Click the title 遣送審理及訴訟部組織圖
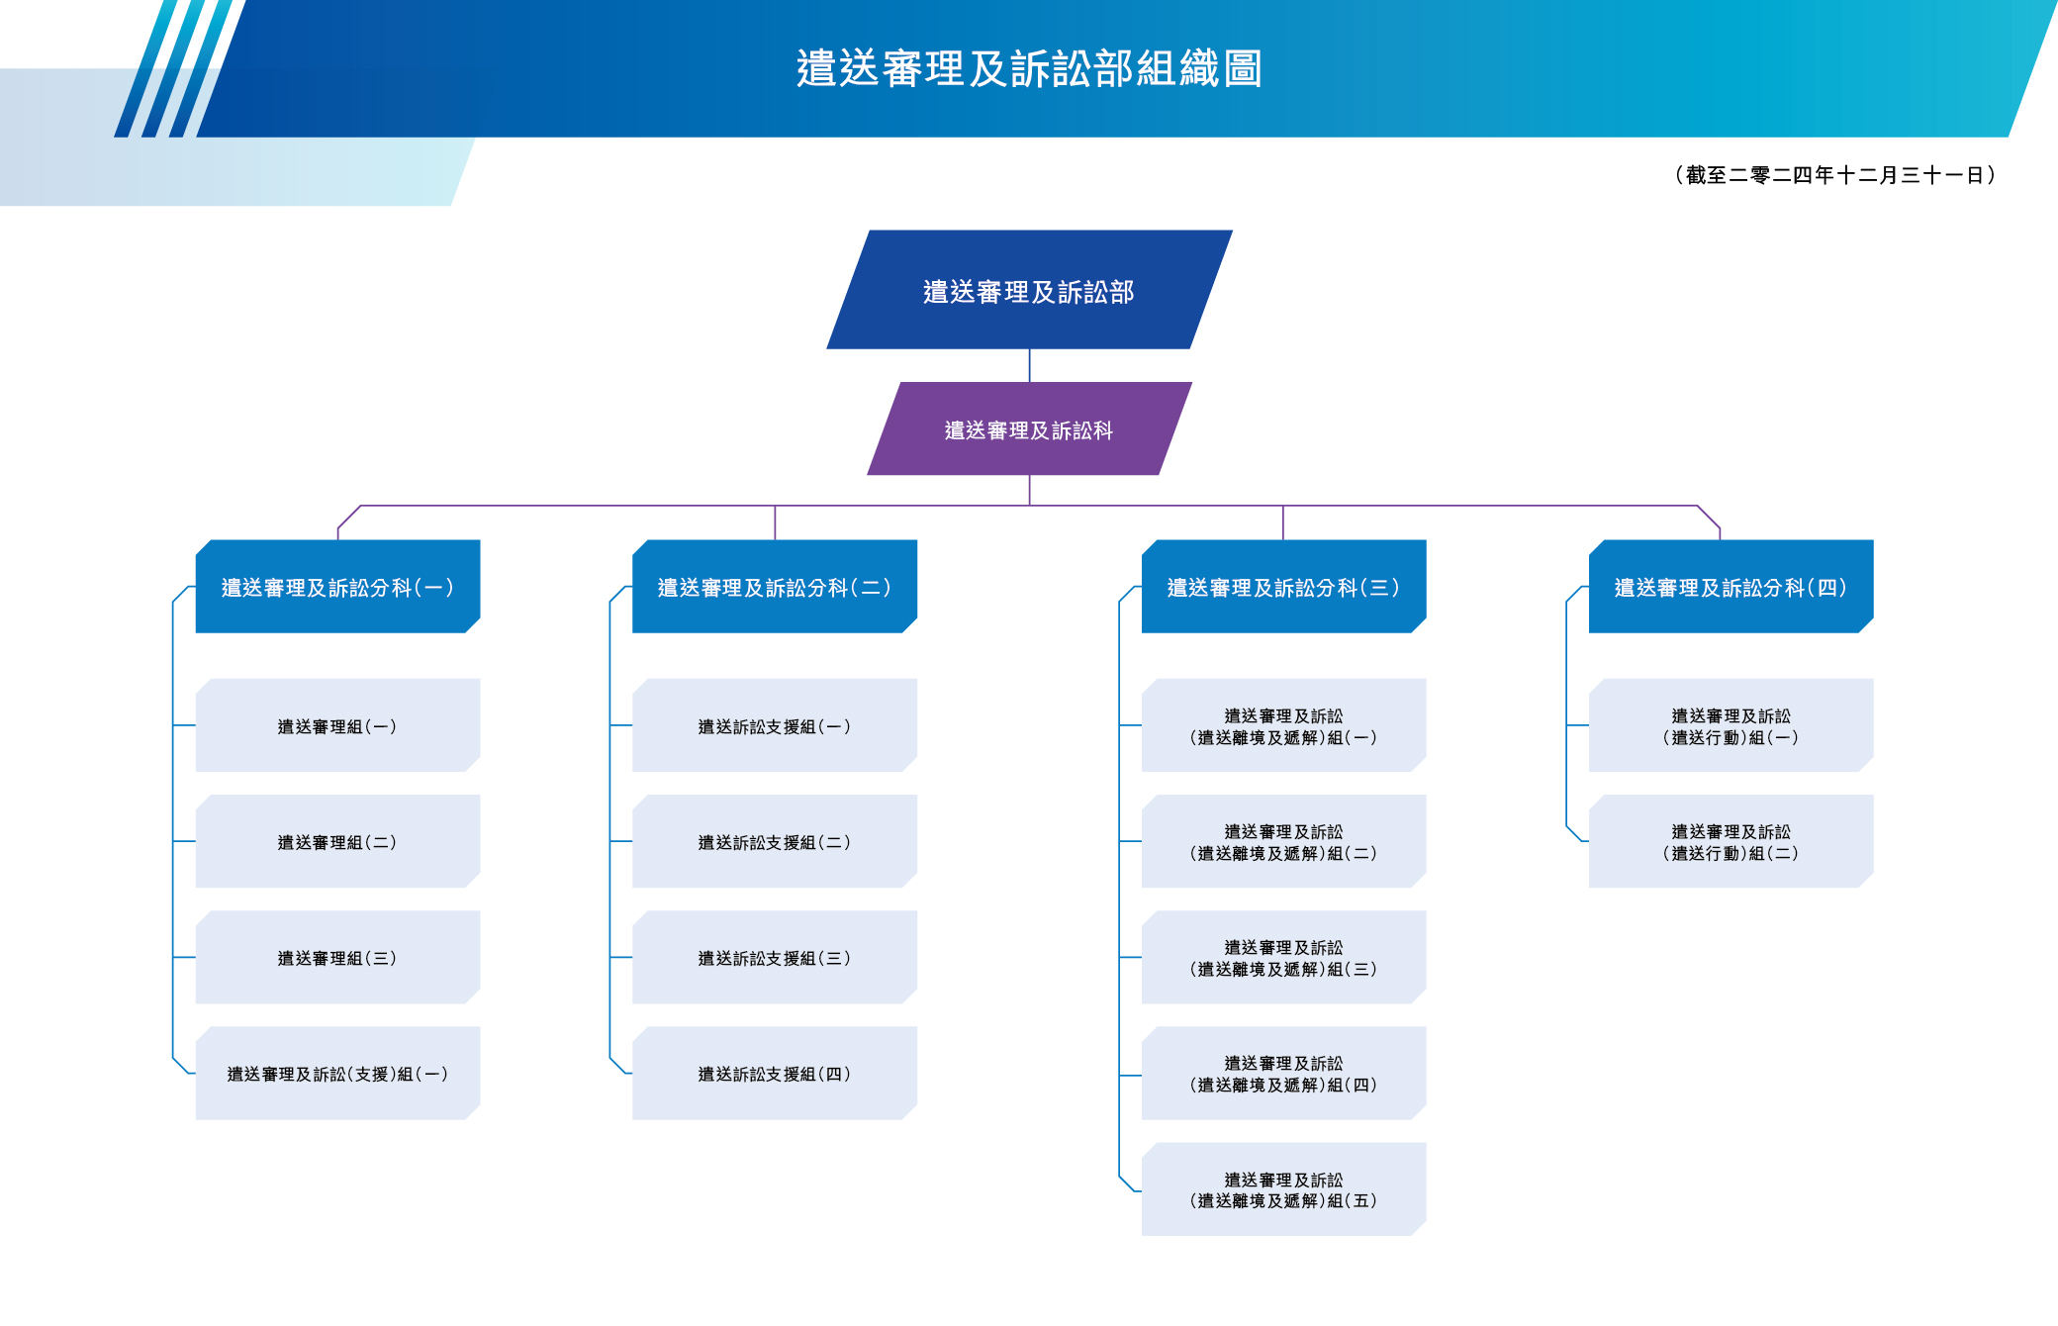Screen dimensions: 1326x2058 point(1029,69)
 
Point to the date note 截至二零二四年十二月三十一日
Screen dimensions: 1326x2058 point(1834,175)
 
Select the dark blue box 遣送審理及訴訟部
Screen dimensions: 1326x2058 point(1029,291)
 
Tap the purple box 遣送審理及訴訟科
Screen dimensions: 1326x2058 point(1029,429)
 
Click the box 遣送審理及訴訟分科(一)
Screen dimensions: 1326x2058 point(337,587)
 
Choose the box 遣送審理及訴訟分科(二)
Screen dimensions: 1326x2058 point(774,587)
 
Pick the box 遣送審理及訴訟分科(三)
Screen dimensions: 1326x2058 point(1283,587)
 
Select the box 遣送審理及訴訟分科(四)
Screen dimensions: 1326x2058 point(1731,587)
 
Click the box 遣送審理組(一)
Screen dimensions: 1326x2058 point(337,725)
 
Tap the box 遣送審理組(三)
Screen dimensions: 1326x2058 point(337,957)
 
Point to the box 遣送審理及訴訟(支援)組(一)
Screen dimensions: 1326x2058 point(337,1073)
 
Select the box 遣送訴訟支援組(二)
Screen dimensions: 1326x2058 point(774,841)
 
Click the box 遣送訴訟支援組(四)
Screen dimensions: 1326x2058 point(774,1073)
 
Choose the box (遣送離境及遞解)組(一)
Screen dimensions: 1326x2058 point(1283,725)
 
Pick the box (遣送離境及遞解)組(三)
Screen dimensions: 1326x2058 point(1283,957)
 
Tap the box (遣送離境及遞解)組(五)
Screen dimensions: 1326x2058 point(1283,1188)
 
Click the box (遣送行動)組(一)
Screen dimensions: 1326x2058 point(1731,725)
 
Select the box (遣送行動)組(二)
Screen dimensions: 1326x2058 point(1731,841)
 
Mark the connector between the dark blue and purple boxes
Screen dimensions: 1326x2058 point(1029,365)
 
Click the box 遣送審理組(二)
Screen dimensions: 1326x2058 point(337,841)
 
